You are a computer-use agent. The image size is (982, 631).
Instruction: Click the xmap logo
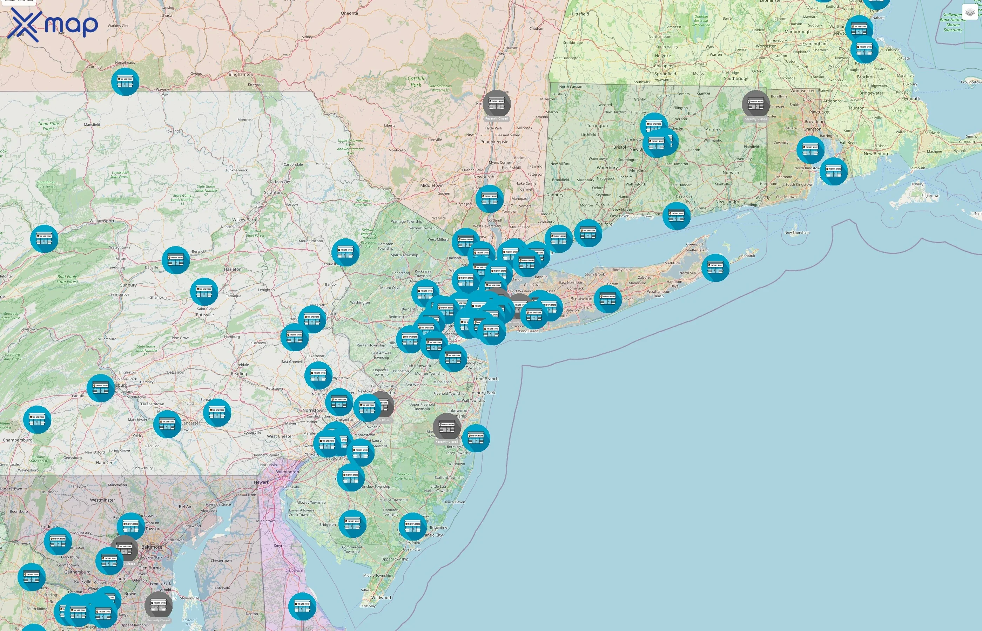tap(53, 25)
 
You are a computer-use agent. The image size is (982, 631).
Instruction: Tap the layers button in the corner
tap(970, 12)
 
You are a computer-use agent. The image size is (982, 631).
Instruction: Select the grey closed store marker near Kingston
tap(496, 104)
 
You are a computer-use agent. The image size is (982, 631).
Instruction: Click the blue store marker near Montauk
tap(715, 267)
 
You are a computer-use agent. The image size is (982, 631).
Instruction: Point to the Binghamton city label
tap(241, 74)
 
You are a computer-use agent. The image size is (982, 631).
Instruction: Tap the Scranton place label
tap(273, 192)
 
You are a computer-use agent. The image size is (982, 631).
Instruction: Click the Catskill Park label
tap(416, 82)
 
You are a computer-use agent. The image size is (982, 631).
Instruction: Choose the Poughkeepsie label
tap(494, 142)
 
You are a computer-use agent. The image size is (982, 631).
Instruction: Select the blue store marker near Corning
tap(125, 82)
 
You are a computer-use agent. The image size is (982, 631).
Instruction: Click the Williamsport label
tap(102, 221)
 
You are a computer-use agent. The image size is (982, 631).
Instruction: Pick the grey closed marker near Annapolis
tap(159, 605)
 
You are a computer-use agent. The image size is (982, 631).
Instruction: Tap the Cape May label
tap(367, 606)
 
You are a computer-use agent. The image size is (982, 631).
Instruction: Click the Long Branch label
tap(486, 379)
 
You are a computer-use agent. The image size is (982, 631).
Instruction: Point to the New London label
tap(727, 201)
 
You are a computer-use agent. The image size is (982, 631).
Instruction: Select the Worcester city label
tap(766, 46)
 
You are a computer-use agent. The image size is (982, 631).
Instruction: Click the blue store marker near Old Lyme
tap(676, 216)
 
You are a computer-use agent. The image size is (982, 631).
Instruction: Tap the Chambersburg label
tap(18, 440)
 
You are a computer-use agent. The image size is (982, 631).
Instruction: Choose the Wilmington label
tap(287, 472)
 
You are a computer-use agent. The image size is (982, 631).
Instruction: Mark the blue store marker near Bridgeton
tap(352, 524)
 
